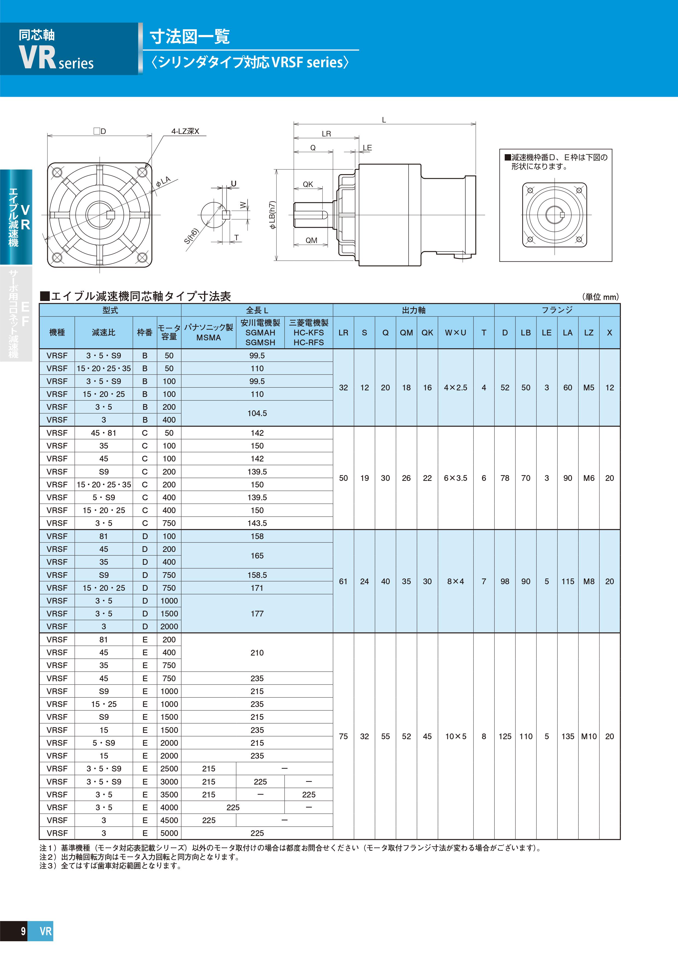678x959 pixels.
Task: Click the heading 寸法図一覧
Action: pyautogui.click(x=190, y=36)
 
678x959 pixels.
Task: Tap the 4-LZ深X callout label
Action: pyautogui.click(x=185, y=131)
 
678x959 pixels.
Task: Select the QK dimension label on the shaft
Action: pyautogui.click(x=308, y=184)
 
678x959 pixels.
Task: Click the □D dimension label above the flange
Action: pyautogui.click(x=100, y=131)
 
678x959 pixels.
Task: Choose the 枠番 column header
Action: pyautogui.click(x=145, y=332)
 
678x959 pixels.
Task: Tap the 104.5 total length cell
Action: pyautogui.click(x=257, y=413)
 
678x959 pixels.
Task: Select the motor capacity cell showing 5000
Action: pyautogui.click(x=169, y=833)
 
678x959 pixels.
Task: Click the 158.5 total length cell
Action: pyautogui.click(x=257, y=575)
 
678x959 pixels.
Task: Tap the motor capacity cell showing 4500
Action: pyautogui.click(x=169, y=820)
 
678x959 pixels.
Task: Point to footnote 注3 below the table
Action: pyautogui.click(x=111, y=866)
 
